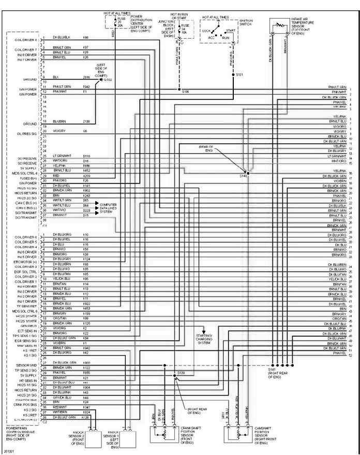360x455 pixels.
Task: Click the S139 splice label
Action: click(181, 372)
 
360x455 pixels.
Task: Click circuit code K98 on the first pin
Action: click(86, 38)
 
